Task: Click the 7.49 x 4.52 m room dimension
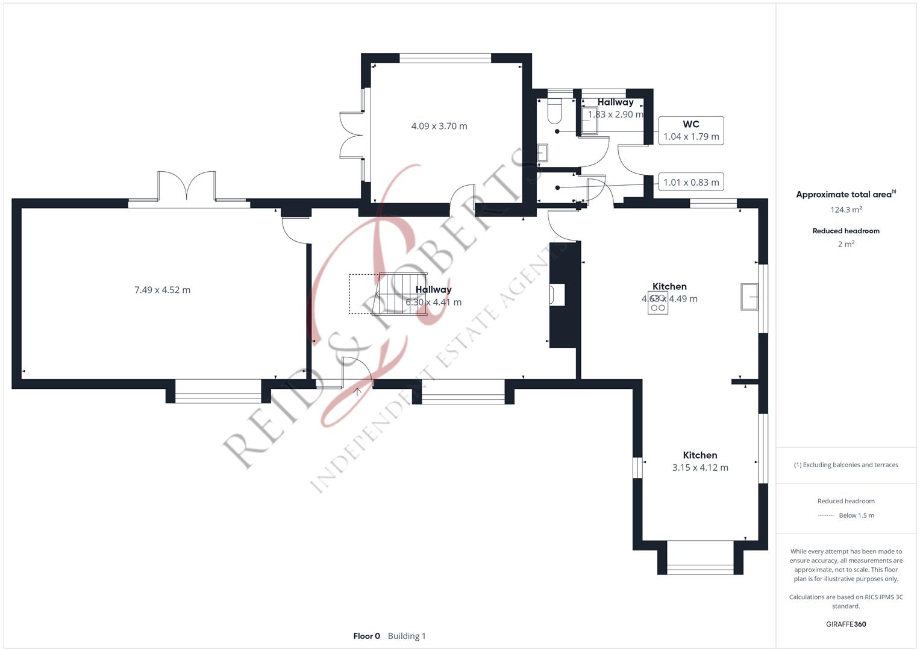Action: (162, 290)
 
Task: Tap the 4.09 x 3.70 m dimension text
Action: (439, 126)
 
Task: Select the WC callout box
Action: (691, 130)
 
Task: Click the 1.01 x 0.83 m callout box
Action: (691, 182)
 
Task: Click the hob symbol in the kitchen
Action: (658, 303)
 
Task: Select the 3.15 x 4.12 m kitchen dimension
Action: (700, 468)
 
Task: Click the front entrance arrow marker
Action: (357, 392)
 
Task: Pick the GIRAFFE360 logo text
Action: (846, 624)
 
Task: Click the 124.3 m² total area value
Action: (846, 210)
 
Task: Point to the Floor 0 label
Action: (366, 636)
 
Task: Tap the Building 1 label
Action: (407, 636)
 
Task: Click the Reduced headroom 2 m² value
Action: (846, 244)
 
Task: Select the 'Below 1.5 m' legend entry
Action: (856, 515)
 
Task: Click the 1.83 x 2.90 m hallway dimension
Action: (616, 115)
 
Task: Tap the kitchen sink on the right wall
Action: (749, 297)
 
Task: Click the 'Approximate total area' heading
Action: (845, 195)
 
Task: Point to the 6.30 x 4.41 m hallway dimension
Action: (434, 303)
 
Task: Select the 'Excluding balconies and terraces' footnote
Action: (846, 465)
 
